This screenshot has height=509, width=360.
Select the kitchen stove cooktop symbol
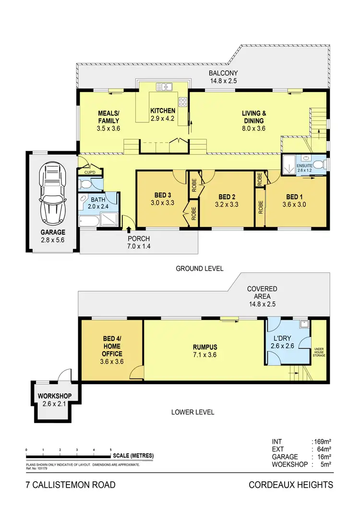(182, 102)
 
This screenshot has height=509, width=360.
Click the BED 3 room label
(162, 195)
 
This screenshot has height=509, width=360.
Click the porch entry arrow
(128, 222)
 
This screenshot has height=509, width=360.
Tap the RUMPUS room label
(205, 347)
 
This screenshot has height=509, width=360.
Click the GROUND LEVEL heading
(199, 269)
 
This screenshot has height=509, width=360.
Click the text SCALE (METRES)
(134, 456)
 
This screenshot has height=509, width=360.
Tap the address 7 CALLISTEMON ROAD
(71, 485)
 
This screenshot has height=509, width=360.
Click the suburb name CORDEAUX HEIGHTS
(290, 485)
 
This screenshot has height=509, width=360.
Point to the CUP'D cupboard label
(90, 173)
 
